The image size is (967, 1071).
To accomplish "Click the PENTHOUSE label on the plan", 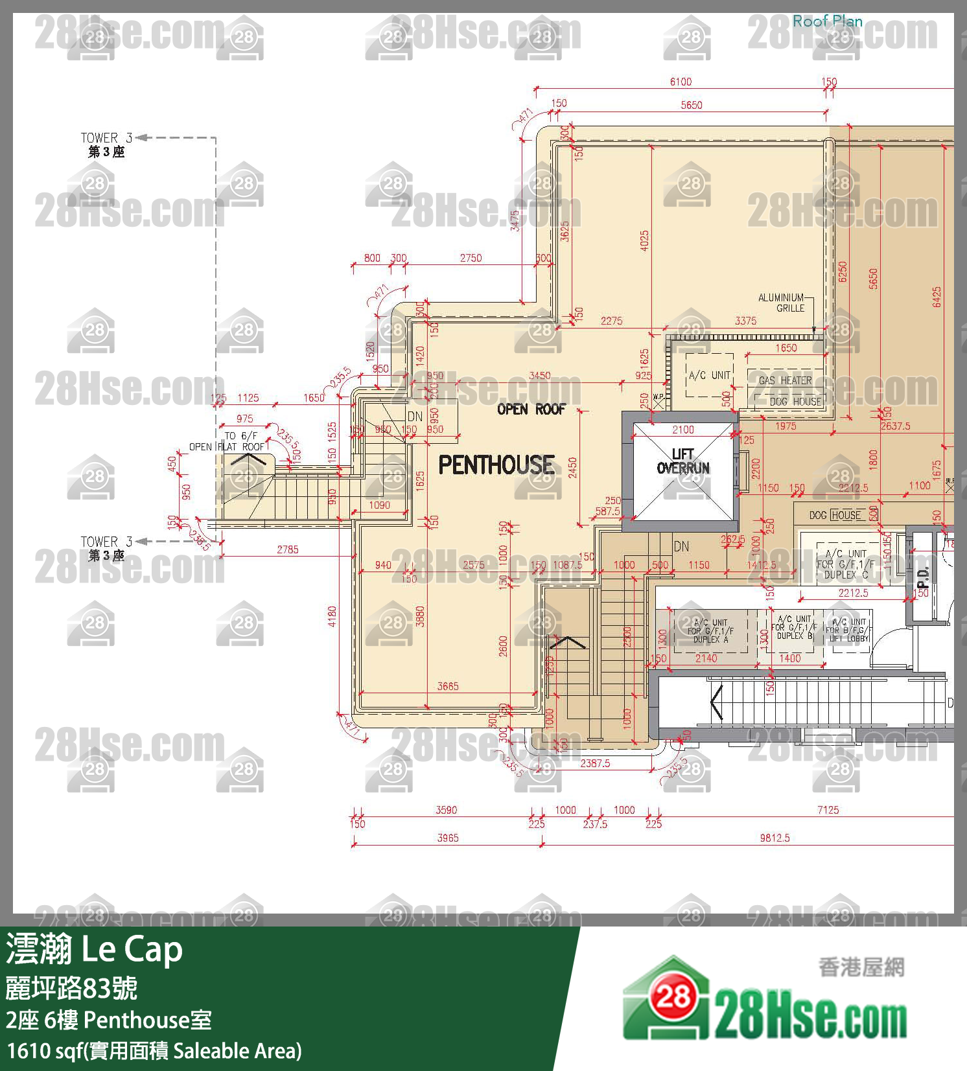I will (496, 465).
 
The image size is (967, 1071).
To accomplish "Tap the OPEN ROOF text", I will (531, 409).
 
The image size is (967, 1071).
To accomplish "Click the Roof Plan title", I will (828, 21).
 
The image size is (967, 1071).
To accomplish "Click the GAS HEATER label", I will (785, 380).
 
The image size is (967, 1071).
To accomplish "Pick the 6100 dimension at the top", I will (681, 82).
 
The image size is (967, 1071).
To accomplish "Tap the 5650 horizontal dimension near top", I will (692, 105).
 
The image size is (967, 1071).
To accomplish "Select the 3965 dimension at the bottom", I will (448, 838).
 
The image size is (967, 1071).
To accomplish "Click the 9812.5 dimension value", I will (775, 838).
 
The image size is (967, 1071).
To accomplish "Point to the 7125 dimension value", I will (828, 810).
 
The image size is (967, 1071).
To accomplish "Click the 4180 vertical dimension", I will (332, 616).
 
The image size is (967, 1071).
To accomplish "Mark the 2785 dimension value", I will (288, 549).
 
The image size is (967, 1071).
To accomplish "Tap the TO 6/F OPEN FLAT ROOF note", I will (227, 441).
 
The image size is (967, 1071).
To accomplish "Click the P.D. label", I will (924, 577).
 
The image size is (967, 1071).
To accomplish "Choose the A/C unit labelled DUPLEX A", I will (710, 630).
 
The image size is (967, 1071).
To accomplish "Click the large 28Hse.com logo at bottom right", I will (765, 1001).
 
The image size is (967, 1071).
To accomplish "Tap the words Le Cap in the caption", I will (132, 949).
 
